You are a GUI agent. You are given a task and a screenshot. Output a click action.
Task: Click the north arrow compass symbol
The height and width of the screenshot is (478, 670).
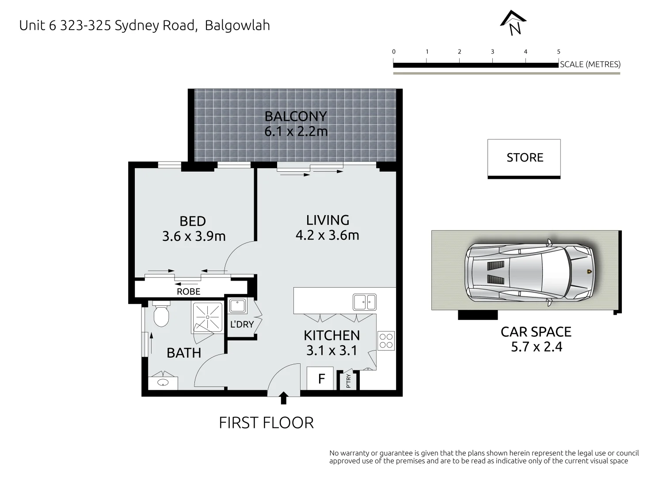click(x=513, y=22)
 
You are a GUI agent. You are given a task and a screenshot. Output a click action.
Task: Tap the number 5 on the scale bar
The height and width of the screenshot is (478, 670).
click(x=559, y=52)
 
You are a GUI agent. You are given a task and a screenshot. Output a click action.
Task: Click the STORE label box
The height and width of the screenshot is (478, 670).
click(x=524, y=158)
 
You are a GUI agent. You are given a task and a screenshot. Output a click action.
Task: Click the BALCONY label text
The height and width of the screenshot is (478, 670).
click(x=295, y=116)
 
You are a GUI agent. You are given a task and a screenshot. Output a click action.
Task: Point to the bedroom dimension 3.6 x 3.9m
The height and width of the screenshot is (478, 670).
click(x=194, y=236)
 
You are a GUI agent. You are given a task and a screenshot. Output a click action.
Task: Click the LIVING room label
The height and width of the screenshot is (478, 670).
click(x=327, y=220)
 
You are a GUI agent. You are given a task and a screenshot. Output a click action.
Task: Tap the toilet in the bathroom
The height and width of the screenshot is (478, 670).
click(x=161, y=314)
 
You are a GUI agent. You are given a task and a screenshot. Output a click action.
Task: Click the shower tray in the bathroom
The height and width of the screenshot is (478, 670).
click(x=207, y=317)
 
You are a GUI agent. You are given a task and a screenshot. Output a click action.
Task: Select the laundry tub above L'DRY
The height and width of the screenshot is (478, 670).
click(x=237, y=307)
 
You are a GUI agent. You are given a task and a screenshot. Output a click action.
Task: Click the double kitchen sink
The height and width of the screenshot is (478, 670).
click(x=364, y=302)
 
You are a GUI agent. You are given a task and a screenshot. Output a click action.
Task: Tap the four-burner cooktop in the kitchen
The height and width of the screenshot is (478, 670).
click(x=386, y=341)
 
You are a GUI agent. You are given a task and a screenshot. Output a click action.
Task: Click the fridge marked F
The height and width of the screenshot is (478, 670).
click(x=321, y=379)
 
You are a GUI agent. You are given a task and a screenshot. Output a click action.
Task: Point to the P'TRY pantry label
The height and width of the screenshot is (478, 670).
click(x=348, y=381)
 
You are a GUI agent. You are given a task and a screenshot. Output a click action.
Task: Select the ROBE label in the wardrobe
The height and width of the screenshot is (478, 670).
click(x=188, y=292)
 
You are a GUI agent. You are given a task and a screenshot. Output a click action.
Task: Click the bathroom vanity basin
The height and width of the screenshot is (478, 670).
click(x=163, y=383)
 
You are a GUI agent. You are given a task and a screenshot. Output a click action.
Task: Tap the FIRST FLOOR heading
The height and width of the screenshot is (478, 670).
click(x=266, y=423)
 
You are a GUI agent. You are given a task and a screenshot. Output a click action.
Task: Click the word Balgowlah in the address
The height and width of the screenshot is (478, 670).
click(x=237, y=25)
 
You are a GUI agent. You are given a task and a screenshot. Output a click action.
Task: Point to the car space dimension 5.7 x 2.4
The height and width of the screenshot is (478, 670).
click(x=536, y=347)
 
